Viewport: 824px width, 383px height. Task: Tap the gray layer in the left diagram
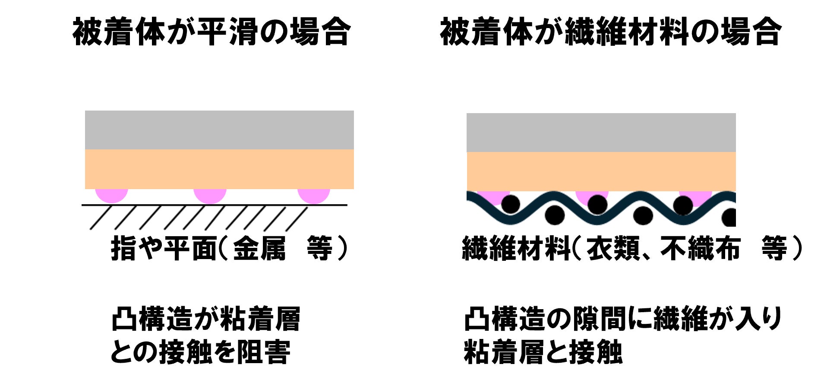point(219,130)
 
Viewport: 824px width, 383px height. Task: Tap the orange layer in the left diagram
point(219,169)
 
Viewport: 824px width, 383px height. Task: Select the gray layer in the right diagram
point(601,133)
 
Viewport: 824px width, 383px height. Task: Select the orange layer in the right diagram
point(601,171)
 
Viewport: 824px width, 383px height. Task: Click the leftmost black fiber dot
point(511,204)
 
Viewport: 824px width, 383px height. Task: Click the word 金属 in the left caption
point(259,249)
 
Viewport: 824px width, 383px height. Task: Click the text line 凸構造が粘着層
point(205,320)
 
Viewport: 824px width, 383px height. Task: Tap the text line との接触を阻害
point(200,352)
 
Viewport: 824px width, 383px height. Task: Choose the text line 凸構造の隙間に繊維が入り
point(623,320)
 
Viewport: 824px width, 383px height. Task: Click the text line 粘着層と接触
point(543,352)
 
